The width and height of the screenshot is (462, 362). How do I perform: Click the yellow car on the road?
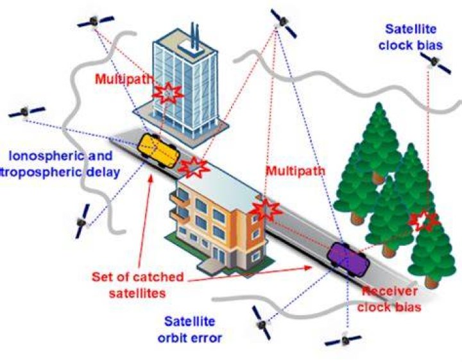tap(158, 150)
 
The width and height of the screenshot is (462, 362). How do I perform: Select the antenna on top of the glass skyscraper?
tap(195, 35)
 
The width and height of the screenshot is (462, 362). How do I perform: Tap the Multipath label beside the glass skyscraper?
tap(124, 79)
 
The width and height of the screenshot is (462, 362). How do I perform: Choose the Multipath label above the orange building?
tap(296, 171)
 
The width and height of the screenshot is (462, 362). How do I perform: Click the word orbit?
tap(172, 338)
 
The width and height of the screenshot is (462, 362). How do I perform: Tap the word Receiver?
tap(389, 291)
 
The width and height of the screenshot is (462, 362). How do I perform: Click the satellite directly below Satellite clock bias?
tap(435, 63)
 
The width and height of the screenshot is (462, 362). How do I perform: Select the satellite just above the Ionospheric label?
tap(26, 112)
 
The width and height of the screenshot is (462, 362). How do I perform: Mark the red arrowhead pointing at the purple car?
tap(308, 268)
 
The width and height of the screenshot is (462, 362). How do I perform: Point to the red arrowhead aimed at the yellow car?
tap(151, 178)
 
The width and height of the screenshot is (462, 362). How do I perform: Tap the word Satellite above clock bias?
tap(411, 29)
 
